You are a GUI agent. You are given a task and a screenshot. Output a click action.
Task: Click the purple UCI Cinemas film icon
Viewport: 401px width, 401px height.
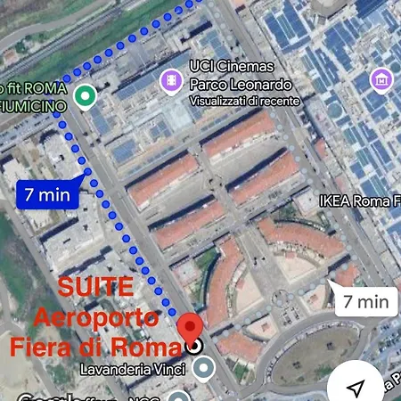[x=169, y=82]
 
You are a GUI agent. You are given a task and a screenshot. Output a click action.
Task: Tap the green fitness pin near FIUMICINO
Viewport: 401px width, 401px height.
[x=85, y=95]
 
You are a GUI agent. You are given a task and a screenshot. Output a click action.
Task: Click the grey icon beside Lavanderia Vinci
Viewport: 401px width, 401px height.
[x=204, y=367]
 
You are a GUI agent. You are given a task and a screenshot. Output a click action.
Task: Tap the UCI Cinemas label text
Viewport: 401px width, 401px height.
[x=231, y=67]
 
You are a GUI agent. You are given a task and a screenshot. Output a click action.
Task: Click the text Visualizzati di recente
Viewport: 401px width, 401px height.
[x=245, y=102]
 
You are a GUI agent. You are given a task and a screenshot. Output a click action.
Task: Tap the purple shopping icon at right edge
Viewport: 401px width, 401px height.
[x=382, y=81]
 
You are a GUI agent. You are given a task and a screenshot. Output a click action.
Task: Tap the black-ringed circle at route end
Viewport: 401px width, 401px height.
[x=195, y=346]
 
